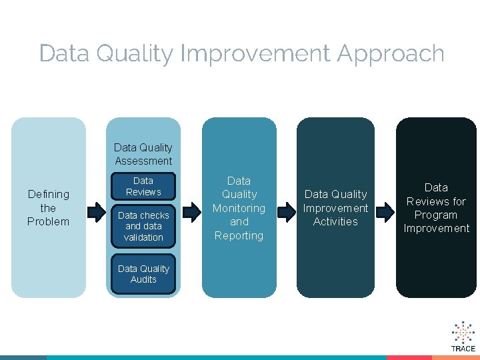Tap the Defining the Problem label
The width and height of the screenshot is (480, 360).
tap(48, 207)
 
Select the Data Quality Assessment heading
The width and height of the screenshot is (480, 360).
tap(143, 154)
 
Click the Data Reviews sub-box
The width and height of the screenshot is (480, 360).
tap(143, 187)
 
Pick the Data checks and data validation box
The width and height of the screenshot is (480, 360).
tap(143, 226)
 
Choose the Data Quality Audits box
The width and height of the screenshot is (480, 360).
tap(143, 274)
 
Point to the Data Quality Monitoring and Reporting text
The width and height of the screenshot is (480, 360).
tap(239, 207)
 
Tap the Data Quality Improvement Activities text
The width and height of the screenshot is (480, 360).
tap(335, 207)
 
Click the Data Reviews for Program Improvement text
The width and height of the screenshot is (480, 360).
tap(436, 207)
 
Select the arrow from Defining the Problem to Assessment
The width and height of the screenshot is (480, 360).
tap(97, 213)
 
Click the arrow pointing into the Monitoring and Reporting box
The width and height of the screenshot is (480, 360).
tap(192, 213)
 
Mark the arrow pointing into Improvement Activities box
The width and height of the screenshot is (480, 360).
tap(287, 213)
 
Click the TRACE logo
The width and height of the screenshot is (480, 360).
tap(463, 337)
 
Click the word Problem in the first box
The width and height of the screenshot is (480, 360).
tap(48, 221)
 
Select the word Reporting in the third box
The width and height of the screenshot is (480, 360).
tap(239, 235)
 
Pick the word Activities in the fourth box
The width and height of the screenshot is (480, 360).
tap(335, 221)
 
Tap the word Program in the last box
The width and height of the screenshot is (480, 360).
tap(436, 215)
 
